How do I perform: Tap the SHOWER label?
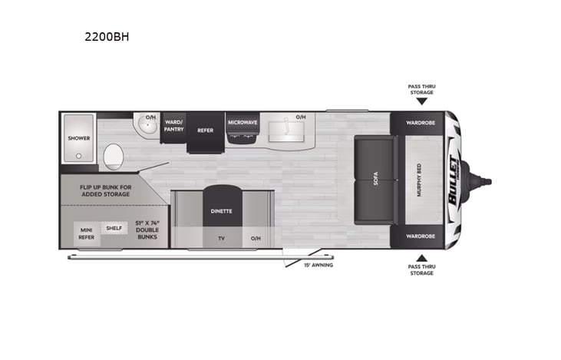point(79,138)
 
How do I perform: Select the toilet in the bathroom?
point(114,156)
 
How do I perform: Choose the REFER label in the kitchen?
point(205,130)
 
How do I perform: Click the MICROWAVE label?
point(242,122)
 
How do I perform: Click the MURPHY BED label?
point(420,181)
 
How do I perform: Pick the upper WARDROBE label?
point(421,121)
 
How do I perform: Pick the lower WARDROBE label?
point(421,239)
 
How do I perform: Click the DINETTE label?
point(221,210)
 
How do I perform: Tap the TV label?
point(221,239)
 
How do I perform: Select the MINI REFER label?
point(86,233)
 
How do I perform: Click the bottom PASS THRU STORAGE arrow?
point(421,257)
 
